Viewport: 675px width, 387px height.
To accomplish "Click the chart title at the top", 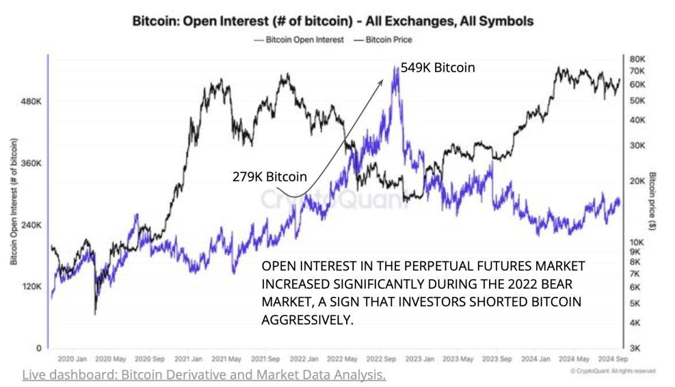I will (x=333, y=22).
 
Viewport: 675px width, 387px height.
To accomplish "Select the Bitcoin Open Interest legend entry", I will (x=302, y=40).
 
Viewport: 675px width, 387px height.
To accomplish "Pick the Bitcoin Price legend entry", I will (x=385, y=40).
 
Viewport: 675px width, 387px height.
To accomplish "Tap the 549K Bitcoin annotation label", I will (x=437, y=68).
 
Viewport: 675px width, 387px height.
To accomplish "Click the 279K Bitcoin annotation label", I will (x=269, y=177).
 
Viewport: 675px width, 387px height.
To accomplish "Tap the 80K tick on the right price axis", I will (x=638, y=60).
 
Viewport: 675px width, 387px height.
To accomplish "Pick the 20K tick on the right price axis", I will (x=638, y=181).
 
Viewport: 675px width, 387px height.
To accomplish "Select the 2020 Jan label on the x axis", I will (x=72, y=359).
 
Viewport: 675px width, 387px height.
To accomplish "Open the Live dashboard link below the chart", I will (x=204, y=376).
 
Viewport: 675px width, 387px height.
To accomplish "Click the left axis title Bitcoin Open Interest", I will (x=13, y=201).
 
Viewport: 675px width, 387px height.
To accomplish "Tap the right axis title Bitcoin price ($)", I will (x=653, y=201).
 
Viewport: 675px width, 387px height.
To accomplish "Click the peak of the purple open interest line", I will (x=395, y=68).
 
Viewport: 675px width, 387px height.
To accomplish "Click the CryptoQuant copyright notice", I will (x=613, y=371).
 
